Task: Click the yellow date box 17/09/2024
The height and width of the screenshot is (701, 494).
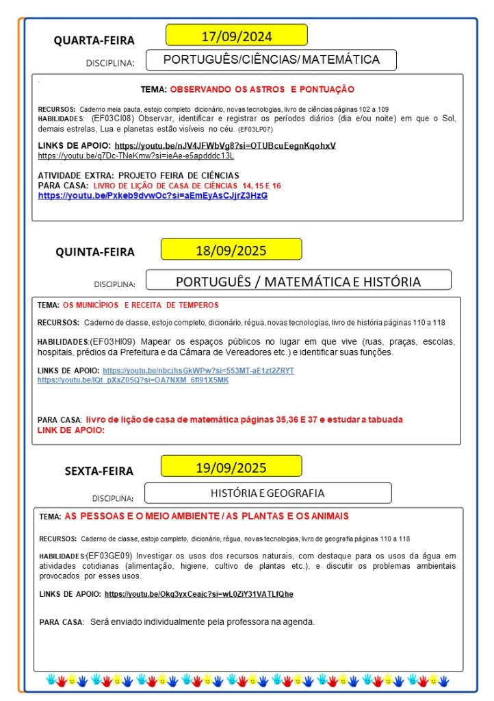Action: coord(236,35)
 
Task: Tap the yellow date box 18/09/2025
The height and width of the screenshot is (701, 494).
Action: coord(231,249)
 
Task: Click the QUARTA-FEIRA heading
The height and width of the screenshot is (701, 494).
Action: coord(94,40)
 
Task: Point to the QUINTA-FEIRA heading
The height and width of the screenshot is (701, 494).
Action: coord(95,252)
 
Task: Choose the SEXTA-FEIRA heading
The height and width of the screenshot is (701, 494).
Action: coord(99,471)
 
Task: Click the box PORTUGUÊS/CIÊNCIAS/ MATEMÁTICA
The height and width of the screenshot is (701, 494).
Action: coord(271,60)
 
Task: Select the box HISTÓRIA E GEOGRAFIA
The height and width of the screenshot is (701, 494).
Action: coord(268,493)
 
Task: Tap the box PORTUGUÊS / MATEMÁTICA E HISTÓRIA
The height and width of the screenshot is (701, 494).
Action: coord(298,281)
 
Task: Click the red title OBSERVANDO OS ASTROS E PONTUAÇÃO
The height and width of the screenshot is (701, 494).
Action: coord(261,89)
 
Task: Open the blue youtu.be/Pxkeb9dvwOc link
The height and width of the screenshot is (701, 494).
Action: coord(153,195)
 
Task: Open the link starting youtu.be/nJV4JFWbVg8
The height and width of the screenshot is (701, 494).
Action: coord(225,145)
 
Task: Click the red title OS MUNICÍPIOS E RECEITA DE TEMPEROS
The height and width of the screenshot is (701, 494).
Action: coord(140,305)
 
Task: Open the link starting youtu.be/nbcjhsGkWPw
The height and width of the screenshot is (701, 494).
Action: coord(198,370)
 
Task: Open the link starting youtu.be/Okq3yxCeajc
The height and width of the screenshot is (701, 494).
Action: coord(198,593)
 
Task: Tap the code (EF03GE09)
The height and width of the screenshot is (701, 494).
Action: coord(112,556)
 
